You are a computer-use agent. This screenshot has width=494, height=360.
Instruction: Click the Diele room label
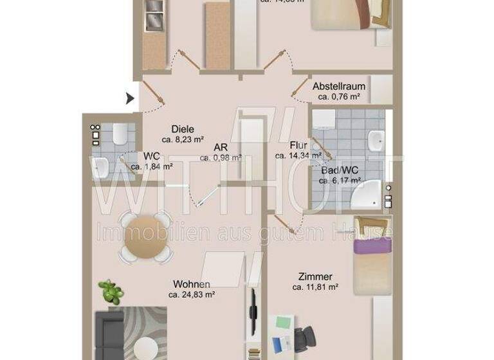183,129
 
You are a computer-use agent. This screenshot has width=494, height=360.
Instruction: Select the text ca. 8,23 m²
183,139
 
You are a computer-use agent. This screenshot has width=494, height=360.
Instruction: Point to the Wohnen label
191,284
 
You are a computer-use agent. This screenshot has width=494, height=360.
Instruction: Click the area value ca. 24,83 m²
191,294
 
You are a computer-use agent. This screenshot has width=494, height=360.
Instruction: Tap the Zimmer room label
315,277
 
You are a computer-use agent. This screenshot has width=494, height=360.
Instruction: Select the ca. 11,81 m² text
315,287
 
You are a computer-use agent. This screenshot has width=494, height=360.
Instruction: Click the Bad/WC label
340,170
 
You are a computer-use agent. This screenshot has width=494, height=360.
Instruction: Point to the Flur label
298,145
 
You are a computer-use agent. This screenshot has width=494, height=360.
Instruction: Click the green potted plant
112,292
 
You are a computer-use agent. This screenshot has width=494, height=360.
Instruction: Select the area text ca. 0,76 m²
339,97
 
